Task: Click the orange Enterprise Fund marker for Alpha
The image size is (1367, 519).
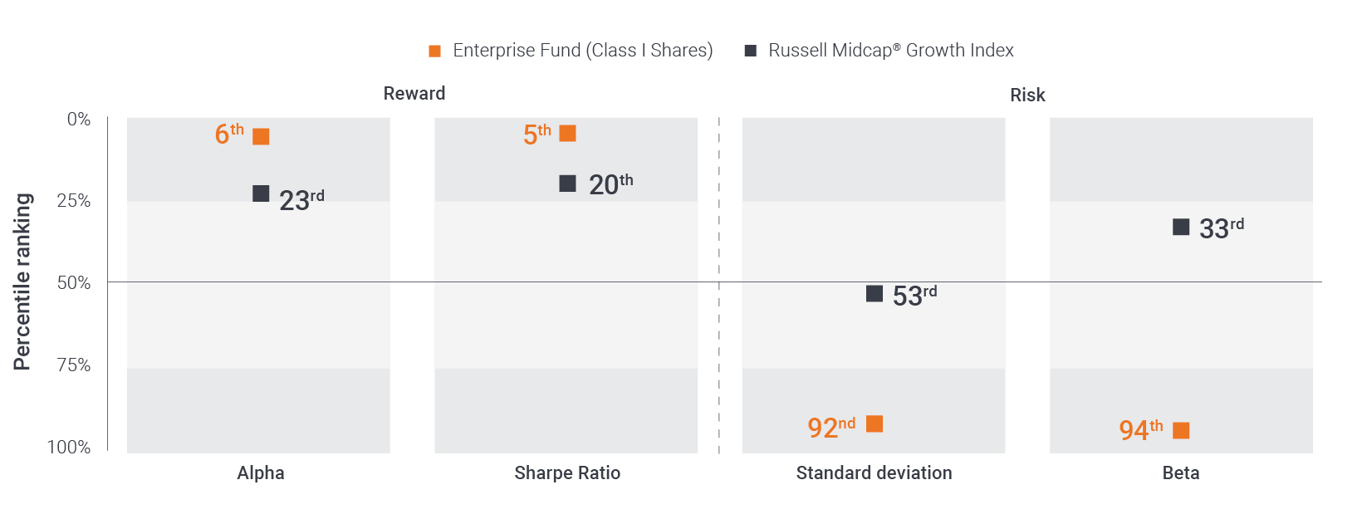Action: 261,136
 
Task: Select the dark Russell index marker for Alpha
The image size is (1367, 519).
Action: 261,193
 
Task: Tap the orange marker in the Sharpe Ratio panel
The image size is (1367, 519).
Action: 568,133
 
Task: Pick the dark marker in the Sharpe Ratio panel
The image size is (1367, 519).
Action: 568,184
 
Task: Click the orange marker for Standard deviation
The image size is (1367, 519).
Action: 875,424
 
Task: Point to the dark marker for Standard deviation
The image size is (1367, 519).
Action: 875,293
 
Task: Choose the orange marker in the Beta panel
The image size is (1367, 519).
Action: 1181,430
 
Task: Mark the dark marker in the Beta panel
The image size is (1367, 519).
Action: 1181,227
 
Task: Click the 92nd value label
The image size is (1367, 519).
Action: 831,427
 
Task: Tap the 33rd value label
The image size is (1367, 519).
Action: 1222,228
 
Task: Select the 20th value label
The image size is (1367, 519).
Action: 610,184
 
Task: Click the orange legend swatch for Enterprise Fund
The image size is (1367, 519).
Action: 434,51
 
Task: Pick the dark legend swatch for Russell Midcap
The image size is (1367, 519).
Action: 751,51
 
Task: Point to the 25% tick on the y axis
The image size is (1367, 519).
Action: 74,201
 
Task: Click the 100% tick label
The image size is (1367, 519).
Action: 69,448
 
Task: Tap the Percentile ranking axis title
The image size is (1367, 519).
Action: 22,282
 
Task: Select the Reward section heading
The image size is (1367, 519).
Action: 414,94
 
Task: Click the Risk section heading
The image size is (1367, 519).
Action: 1027,95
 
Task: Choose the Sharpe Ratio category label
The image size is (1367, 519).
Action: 567,473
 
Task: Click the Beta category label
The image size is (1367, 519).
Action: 1181,473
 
